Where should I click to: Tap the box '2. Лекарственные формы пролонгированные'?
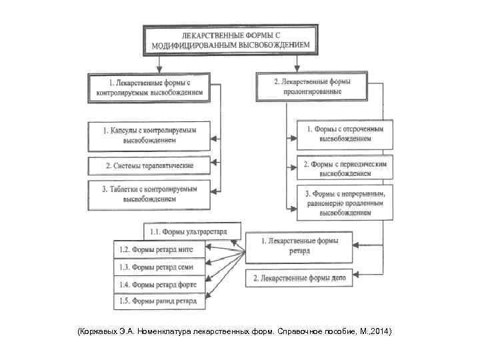[x=312, y=87]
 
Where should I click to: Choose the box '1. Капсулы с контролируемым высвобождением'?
[x=149, y=136]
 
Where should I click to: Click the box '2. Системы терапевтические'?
[x=149, y=165]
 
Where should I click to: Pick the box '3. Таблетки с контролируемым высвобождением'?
[x=149, y=194]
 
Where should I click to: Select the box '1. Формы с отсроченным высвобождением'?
[x=345, y=135]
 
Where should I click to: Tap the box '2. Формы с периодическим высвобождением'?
[x=345, y=167]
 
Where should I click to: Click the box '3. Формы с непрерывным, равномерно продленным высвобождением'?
[x=345, y=203]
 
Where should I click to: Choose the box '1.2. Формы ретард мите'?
[x=159, y=249]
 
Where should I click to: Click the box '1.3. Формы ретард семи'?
[x=159, y=267]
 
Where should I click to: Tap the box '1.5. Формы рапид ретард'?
[x=159, y=301]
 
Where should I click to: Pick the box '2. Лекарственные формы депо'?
[x=299, y=278]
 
